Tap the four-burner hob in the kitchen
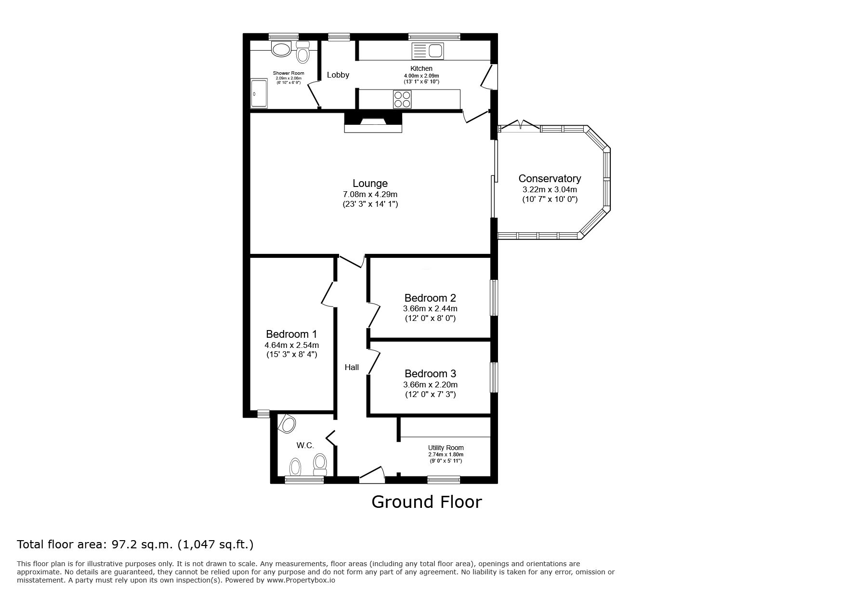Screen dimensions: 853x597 coord(403,99)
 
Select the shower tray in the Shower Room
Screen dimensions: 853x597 coord(259,93)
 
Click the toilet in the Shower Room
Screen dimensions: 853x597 coord(302,52)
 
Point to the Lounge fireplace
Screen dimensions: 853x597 coord(373,122)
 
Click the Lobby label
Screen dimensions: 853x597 coord(338,75)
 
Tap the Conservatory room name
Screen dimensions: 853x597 coord(550,179)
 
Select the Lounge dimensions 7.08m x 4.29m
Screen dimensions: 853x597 coord(370,194)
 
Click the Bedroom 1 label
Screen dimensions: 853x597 coord(291,334)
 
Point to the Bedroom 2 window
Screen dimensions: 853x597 coord(494,298)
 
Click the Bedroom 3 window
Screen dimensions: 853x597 coord(494,377)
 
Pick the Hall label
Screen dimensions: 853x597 coord(352,367)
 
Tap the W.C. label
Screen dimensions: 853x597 coord(305,446)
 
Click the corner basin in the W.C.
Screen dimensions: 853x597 coord(288,424)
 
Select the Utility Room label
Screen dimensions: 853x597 coord(446,448)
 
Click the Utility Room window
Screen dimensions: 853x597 coord(444,479)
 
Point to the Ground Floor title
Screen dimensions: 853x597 coord(426,502)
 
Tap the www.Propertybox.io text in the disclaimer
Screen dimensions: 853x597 coord(301,581)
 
